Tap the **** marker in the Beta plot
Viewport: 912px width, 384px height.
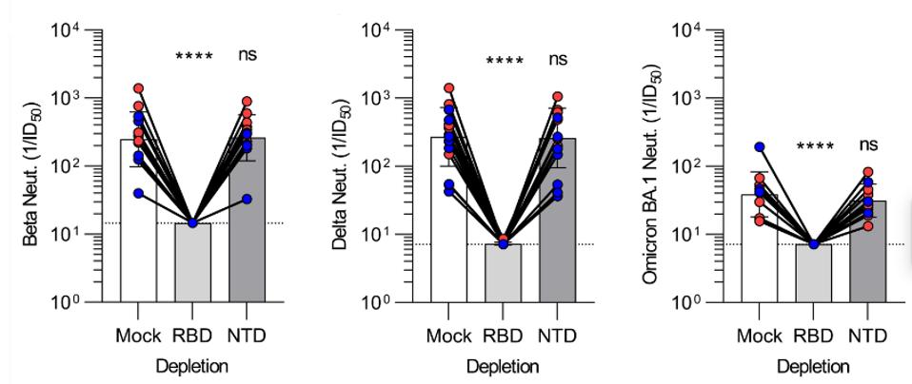[193, 57]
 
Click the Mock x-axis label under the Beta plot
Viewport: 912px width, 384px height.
[138, 336]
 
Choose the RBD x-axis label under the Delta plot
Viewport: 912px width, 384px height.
[503, 336]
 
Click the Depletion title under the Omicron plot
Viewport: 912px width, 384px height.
[813, 366]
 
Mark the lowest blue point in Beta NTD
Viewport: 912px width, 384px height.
[248, 199]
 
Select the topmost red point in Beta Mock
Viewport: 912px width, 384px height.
[138, 88]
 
